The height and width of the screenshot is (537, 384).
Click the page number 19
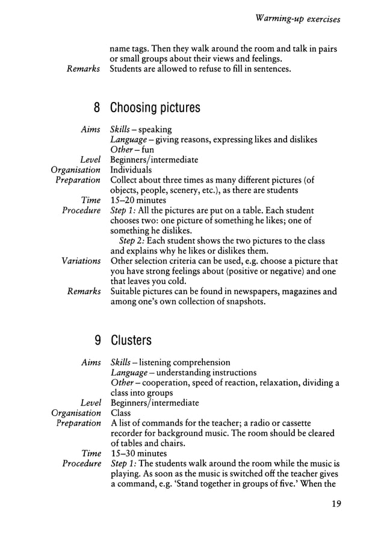click(x=335, y=504)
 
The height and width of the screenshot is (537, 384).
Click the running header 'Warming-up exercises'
click(x=298, y=19)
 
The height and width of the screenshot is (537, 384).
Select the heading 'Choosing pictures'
click(x=155, y=108)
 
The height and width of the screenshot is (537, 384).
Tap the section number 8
click(x=97, y=108)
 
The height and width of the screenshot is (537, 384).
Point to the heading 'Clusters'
click(x=131, y=341)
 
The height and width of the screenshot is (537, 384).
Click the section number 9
click(x=97, y=341)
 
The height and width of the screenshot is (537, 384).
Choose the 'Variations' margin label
click(x=81, y=261)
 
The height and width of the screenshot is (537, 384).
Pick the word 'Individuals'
click(x=131, y=170)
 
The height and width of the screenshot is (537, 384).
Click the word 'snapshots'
click(x=243, y=301)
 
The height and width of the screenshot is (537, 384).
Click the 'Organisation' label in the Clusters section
click(x=76, y=413)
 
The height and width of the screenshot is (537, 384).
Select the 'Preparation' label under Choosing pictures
click(x=78, y=180)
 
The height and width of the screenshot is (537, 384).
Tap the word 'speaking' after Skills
click(x=155, y=130)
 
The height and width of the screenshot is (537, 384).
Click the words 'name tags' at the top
click(x=129, y=49)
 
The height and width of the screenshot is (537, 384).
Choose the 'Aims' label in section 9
click(x=90, y=362)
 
